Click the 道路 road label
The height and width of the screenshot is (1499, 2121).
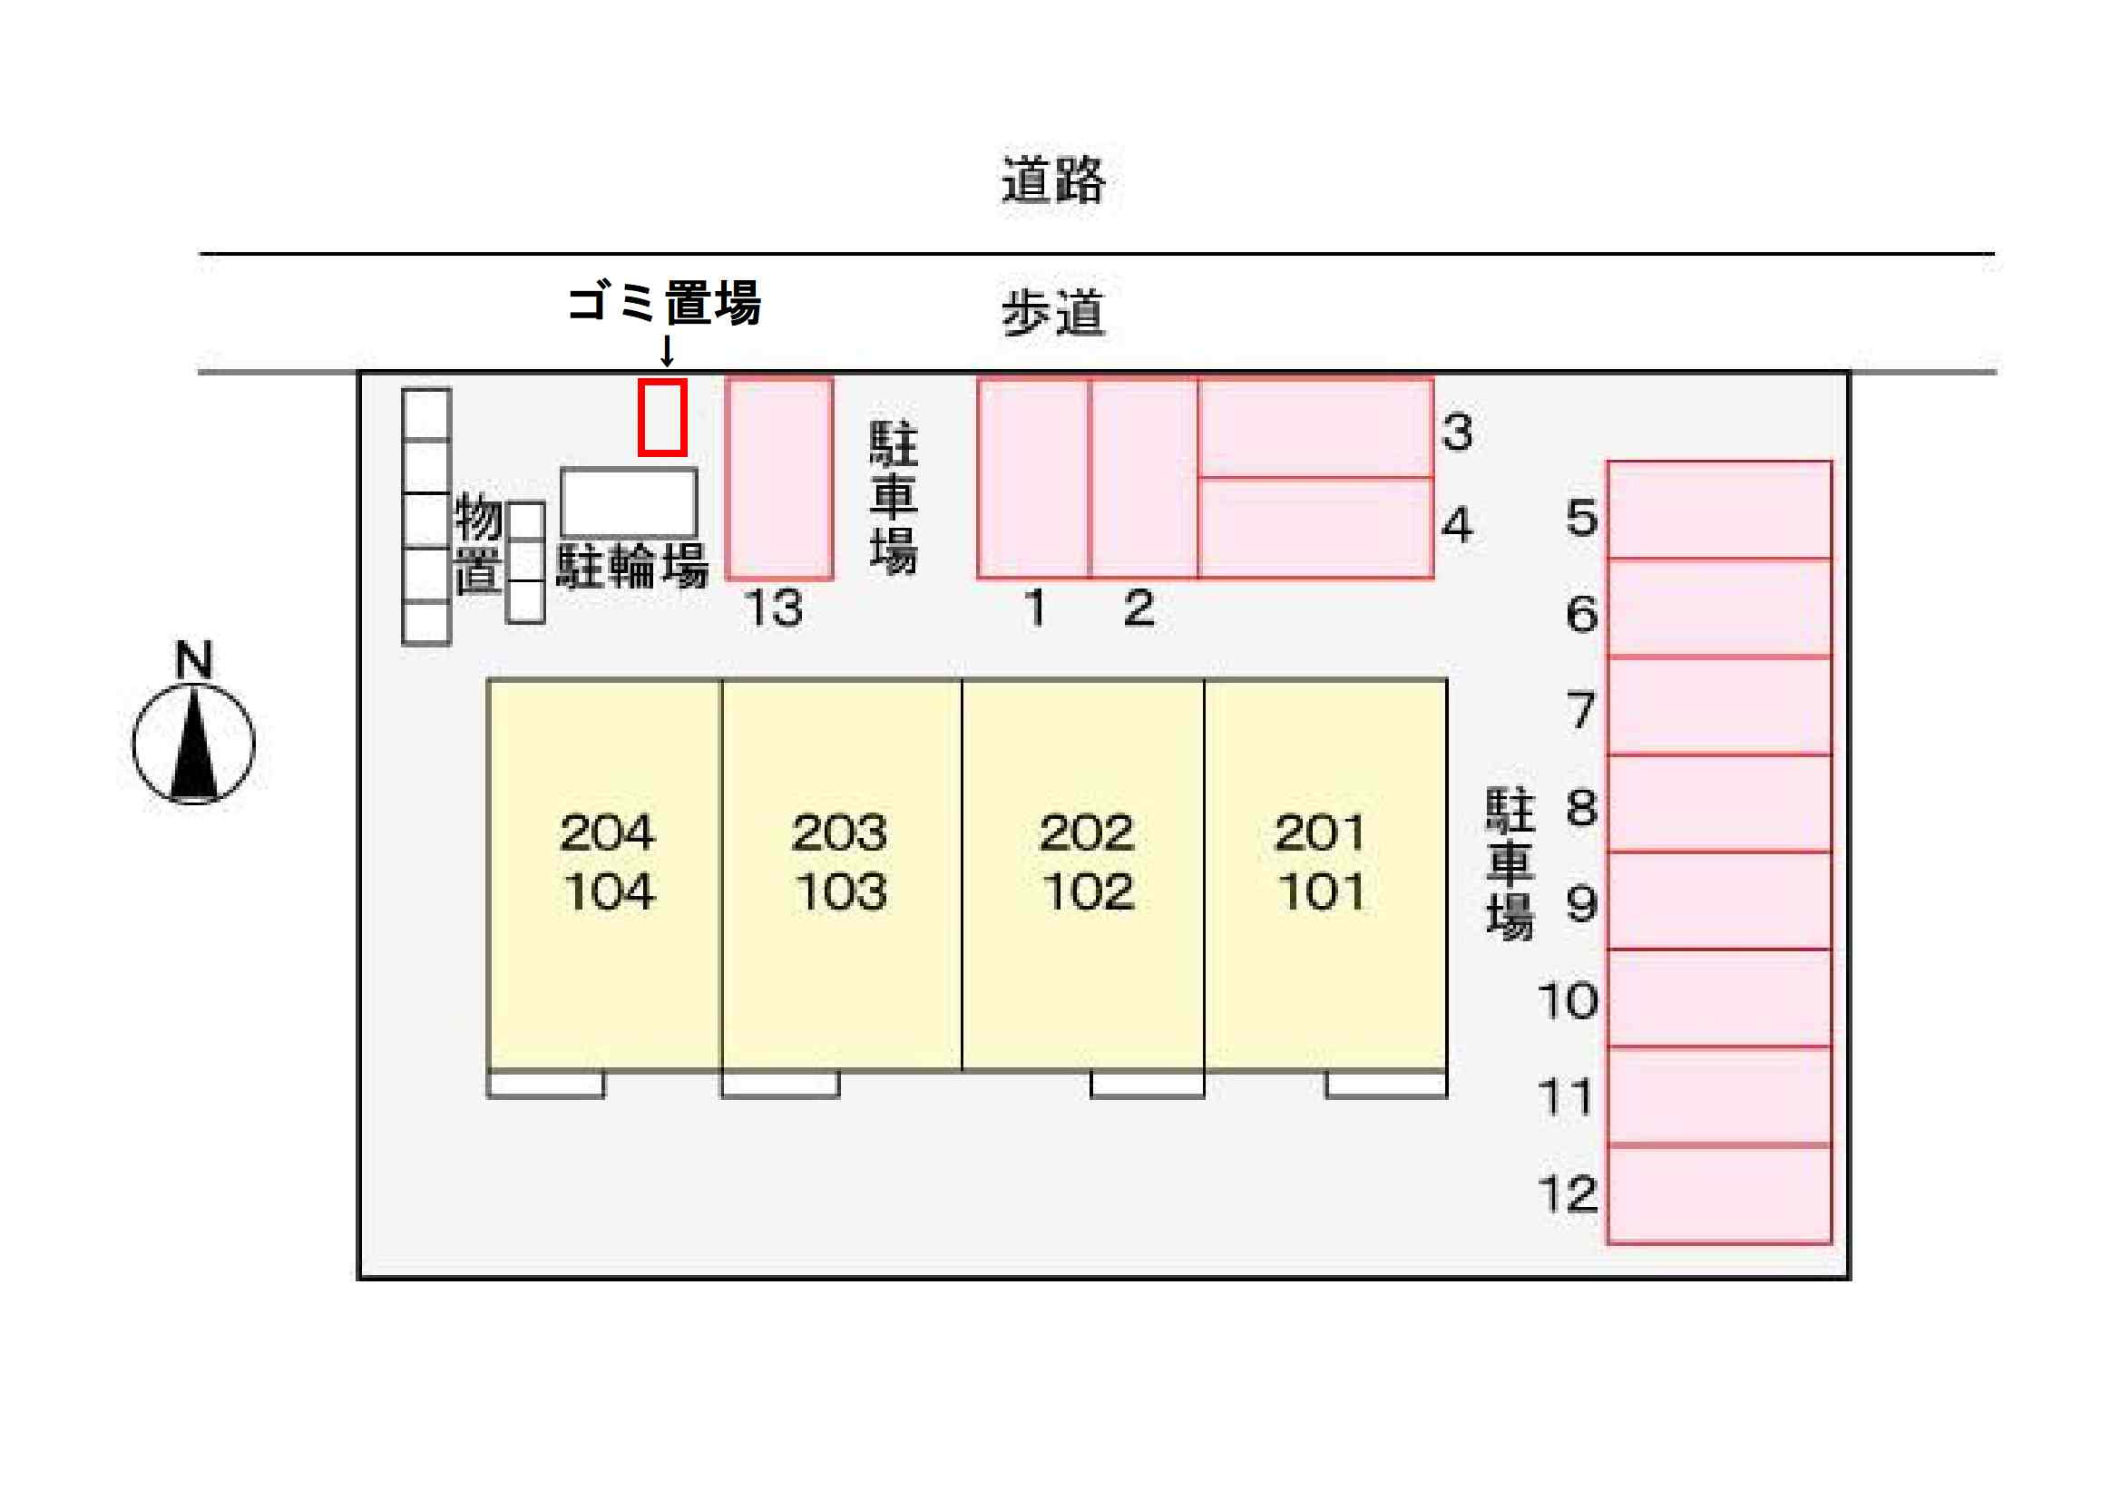click(x=1053, y=180)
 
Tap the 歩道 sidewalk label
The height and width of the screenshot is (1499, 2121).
click(x=1053, y=313)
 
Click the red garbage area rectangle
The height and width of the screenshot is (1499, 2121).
click(x=662, y=417)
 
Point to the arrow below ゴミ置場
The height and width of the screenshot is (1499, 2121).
click(x=666, y=351)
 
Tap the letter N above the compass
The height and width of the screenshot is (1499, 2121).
click(x=194, y=660)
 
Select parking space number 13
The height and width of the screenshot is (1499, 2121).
click(x=779, y=479)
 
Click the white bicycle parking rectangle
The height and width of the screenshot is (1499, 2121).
click(x=629, y=502)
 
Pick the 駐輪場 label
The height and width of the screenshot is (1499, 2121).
click(x=633, y=566)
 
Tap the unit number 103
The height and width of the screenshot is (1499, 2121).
click(x=841, y=892)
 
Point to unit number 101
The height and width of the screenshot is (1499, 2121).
click(x=1321, y=892)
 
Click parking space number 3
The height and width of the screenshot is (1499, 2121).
click(x=1315, y=428)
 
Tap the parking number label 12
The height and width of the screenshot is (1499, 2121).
click(x=1567, y=1194)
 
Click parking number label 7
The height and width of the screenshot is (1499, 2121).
click(x=1581, y=710)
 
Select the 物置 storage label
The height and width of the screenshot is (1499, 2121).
click(x=478, y=543)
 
